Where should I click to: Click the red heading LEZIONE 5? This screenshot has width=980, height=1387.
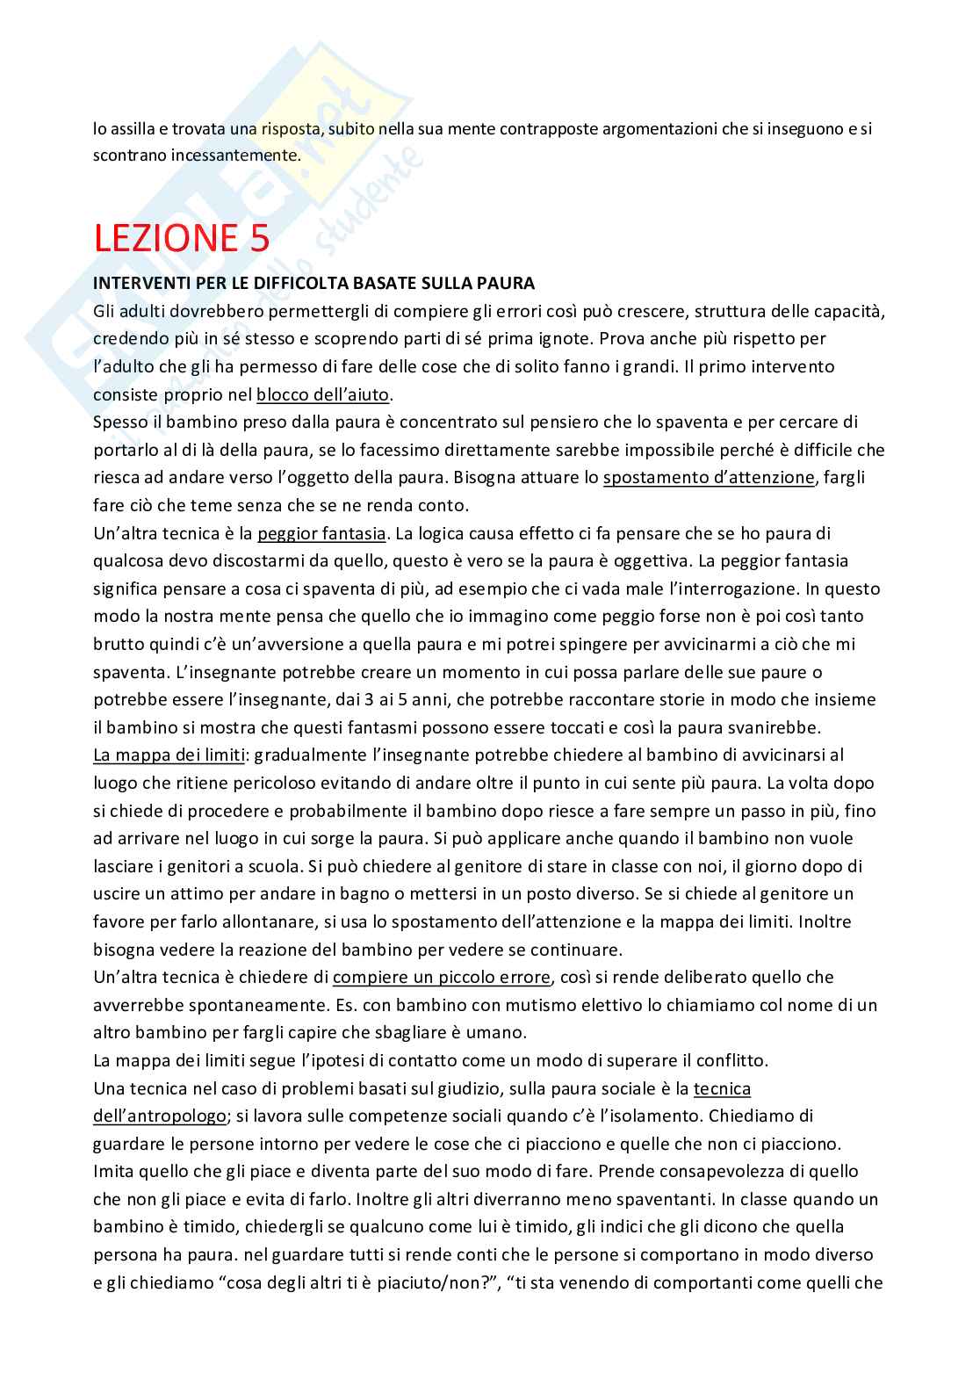pyautogui.click(x=182, y=239)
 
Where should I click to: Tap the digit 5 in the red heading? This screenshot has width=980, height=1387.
pyautogui.click(x=258, y=239)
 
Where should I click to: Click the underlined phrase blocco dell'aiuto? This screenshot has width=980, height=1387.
pyautogui.click(x=323, y=394)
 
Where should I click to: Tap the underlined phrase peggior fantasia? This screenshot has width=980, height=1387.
pyautogui.click(x=321, y=533)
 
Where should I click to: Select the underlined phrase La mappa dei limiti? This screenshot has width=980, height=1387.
pyautogui.click(x=168, y=755)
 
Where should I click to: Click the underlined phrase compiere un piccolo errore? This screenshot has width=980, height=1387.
pyautogui.click(x=442, y=977)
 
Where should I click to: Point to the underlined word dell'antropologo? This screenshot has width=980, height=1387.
pyautogui.click(x=159, y=1116)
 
